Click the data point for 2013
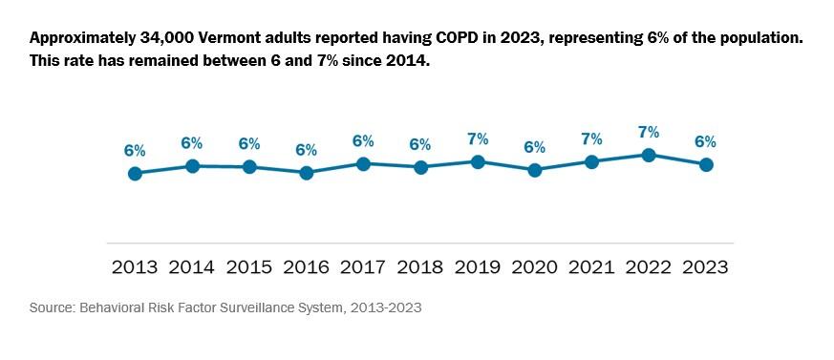pyautogui.click(x=135, y=174)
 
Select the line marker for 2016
pyautogui.click(x=306, y=173)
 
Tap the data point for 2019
pyautogui.click(x=478, y=162)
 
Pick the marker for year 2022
pyautogui.click(x=649, y=155)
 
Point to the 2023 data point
pyautogui.click(x=706, y=164)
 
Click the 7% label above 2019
pyautogui.click(x=478, y=139)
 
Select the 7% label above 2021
pyautogui.click(x=591, y=138)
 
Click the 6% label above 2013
pyautogui.click(x=135, y=151)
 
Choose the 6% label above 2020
pyautogui.click(x=534, y=147)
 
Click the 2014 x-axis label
pyautogui.click(x=191, y=267)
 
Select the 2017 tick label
pyautogui.click(x=363, y=267)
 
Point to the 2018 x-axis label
pyautogui.click(x=420, y=267)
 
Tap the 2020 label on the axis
pyautogui.click(x=534, y=267)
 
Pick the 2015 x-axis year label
pyautogui.click(x=248, y=267)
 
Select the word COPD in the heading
pyautogui.click(x=435, y=39)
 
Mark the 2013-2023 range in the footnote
pyautogui.click(x=387, y=308)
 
